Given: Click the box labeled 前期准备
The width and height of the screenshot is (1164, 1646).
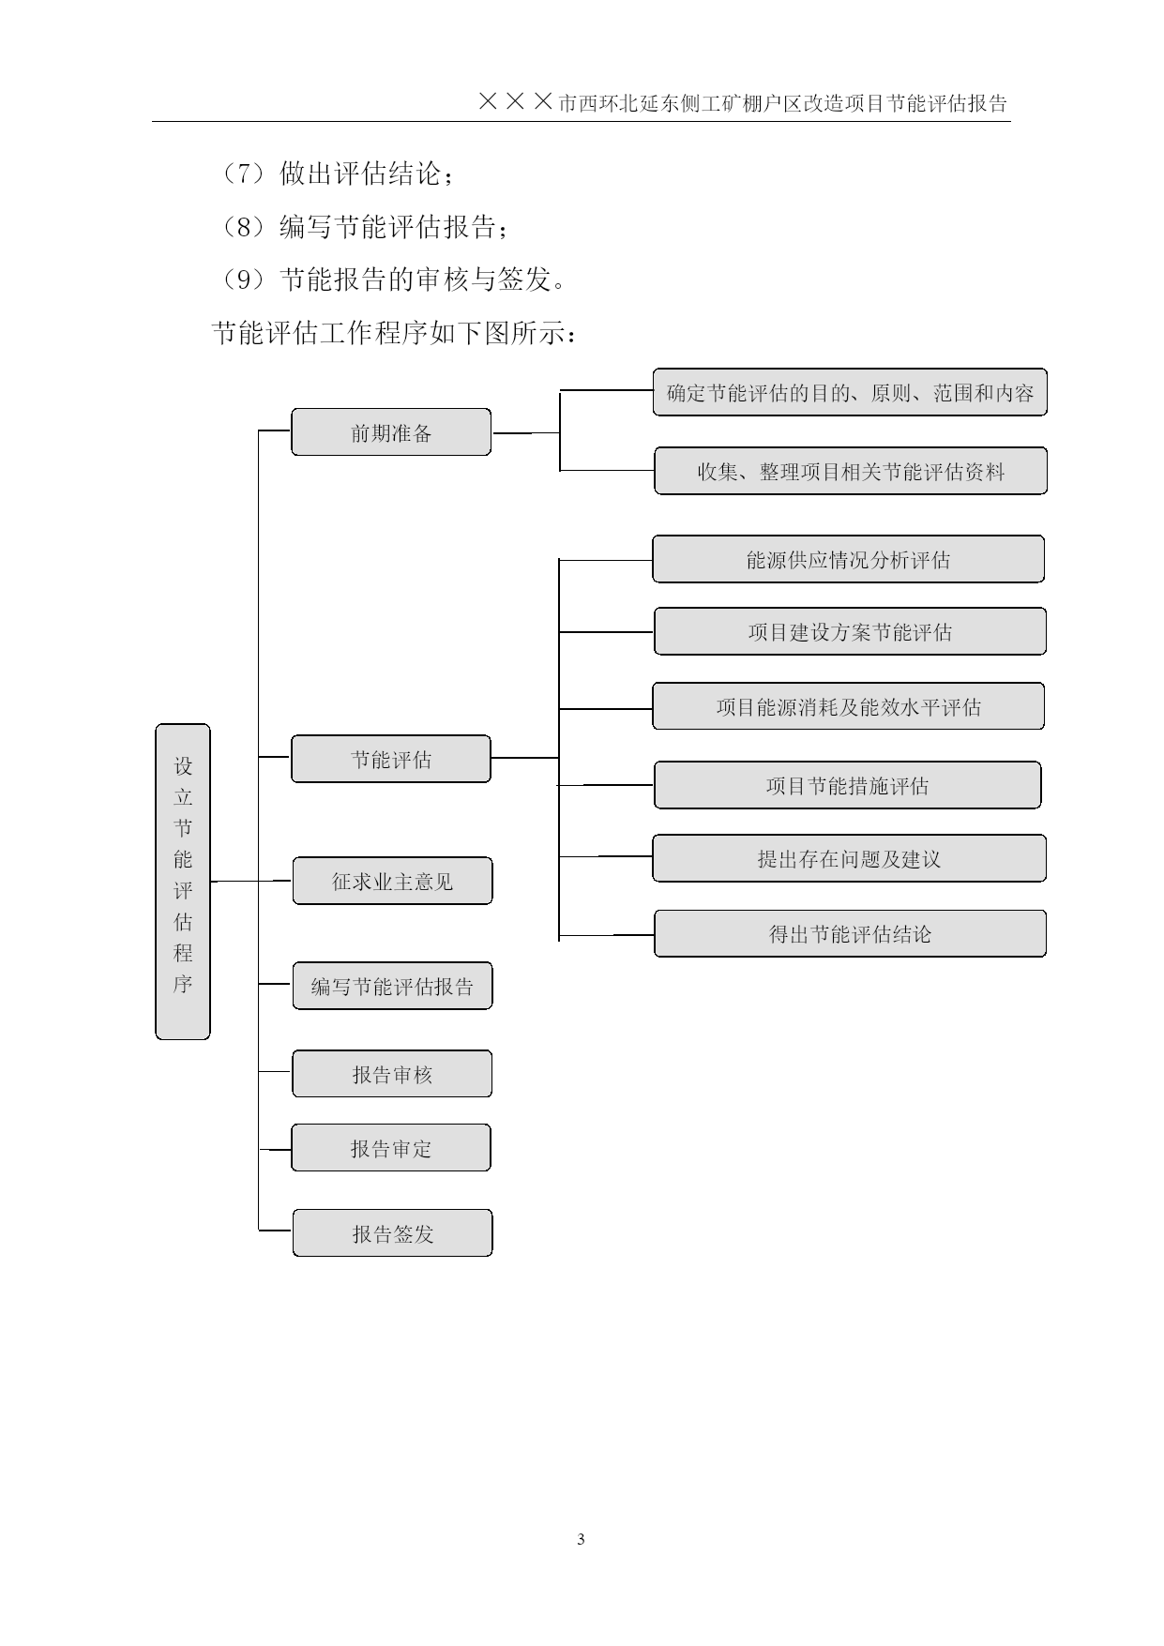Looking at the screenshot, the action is point(391,432).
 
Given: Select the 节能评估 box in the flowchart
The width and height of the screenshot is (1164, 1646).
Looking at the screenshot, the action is point(391,759).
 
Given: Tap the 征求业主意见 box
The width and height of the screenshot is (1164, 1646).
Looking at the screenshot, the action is point(392,881).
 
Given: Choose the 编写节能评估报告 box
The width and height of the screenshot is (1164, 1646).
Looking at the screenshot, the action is point(392,986).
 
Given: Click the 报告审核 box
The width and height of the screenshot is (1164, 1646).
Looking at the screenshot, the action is point(392,1074).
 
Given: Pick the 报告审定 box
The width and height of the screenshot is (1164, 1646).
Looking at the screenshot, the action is point(391,1148).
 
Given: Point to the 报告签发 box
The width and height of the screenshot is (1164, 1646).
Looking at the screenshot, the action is point(392,1233).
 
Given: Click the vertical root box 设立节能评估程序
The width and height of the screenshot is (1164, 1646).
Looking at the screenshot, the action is point(183,882).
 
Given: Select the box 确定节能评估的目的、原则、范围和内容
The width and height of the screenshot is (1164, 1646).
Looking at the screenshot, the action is point(850,392).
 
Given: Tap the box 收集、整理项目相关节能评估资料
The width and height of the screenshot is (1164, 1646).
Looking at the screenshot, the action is point(851,471).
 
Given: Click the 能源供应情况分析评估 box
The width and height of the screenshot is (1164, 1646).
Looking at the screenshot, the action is point(849,559).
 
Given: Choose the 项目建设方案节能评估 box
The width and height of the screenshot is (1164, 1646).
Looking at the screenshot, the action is point(850,631).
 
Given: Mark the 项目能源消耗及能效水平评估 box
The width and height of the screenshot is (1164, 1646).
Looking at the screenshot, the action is point(849,706).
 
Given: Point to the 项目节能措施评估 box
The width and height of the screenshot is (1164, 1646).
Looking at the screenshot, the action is point(848,785).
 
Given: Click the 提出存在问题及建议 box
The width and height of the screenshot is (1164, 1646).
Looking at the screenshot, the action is point(850,858).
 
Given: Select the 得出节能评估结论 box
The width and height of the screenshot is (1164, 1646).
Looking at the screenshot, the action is point(851,933).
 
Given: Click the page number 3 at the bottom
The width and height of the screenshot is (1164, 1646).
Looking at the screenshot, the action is point(582,1539).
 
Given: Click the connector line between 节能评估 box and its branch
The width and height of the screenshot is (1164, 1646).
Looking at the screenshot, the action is point(525,758).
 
